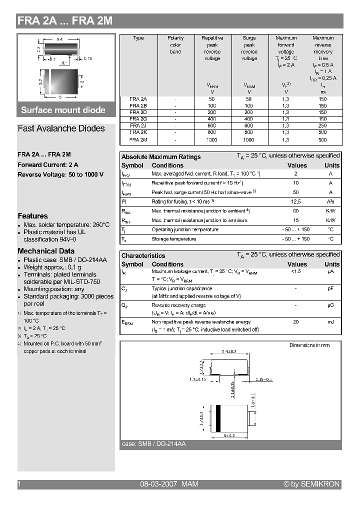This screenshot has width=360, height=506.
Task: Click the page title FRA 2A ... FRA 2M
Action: [65, 21]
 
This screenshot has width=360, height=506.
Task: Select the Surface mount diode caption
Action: [63, 110]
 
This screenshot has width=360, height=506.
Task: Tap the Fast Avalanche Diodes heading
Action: [61, 128]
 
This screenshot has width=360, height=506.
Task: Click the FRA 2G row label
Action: [138, 119]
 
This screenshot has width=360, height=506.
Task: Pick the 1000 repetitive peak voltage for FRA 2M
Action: [212, 140]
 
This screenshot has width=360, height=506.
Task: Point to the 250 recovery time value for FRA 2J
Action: [322, 125]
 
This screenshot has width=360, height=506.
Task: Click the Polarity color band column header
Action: [175, 44]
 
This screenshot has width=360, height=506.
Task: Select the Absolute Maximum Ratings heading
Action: [161, 157]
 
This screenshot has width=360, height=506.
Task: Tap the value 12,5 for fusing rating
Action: [296, 201]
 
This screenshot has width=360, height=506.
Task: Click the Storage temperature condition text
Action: [173, 239]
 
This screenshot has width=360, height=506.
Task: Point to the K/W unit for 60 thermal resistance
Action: [330, 211]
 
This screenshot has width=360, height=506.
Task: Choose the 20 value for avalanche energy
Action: [296, 322]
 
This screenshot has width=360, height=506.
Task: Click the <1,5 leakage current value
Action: [296, 271]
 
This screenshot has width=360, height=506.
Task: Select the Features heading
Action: [32, 216]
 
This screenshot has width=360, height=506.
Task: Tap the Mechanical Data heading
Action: [46, 251]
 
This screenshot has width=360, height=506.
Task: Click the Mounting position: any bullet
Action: [54, 289]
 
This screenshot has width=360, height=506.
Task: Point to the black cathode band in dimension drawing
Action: [218, 417]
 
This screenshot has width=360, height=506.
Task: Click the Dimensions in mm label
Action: [309, 345]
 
